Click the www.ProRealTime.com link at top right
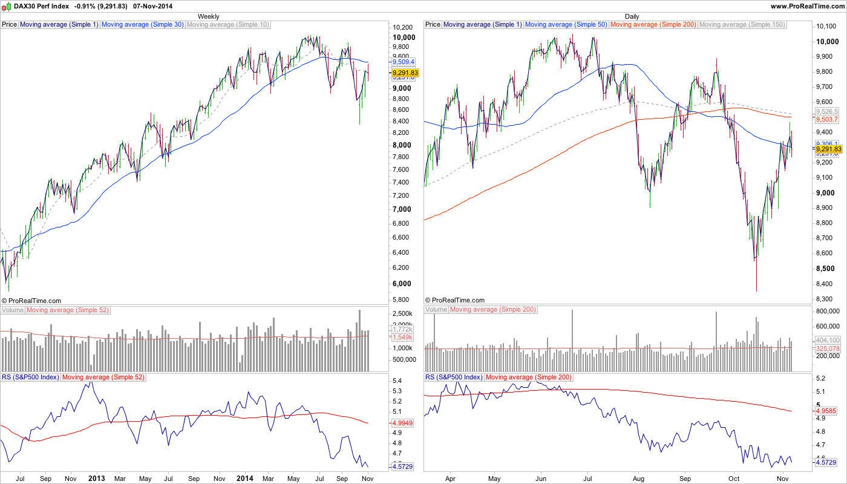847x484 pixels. point(807,5)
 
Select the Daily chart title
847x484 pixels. point(632,16)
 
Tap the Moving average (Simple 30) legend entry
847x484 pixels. point(142,25)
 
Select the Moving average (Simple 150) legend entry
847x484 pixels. point(742,25)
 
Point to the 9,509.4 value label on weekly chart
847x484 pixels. point(403,62)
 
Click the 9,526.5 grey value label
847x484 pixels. point(827,112)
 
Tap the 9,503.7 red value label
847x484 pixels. point(827,120)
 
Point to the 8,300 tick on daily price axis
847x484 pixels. point(826,299)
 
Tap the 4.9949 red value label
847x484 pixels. point(403,423)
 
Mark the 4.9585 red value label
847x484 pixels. point(827,411)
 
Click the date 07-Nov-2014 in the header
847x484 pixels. point(152,5)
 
